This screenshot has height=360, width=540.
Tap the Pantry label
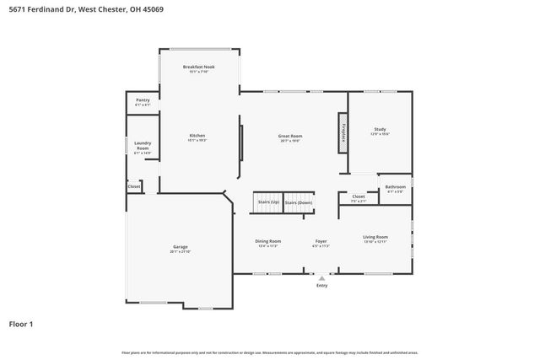(143, 102)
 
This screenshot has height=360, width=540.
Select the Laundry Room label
(143, 148)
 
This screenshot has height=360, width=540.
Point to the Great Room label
(290, 137)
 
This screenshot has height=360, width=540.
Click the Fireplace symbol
(343, 132)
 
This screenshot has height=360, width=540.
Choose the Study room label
(380, 132)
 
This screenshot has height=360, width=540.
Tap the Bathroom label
(395, 188)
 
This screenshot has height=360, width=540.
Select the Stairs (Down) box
(298, 202)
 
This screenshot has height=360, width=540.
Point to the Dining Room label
(267, 244)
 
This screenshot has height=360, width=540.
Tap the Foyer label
(321, 244)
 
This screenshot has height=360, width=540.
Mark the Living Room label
(375, 239)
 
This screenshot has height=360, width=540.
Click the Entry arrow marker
(321, 277)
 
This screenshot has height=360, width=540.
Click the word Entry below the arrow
(321, 286)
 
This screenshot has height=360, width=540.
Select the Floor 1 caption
(22, 324)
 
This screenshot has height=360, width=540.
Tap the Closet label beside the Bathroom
(358, 199)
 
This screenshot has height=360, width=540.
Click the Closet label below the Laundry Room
(133, 185)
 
